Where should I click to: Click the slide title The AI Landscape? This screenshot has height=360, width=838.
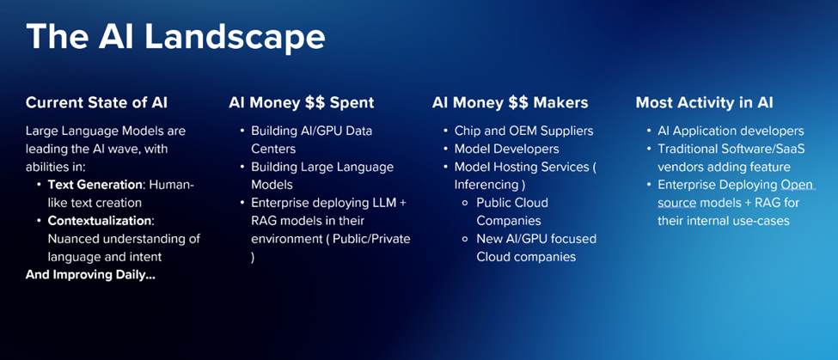tap(175, 38)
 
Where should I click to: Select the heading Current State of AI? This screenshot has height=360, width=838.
tap(96, 103)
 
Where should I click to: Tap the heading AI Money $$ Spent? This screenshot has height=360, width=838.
tap(301, 103)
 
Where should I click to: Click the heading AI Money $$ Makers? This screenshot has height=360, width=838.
tap(510, 103)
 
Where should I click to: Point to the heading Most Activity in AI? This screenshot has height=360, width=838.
tap(704, 103)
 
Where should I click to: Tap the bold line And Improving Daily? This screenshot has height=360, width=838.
tap(90, 275)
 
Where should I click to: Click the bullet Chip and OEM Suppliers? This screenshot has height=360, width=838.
tap(523, 131)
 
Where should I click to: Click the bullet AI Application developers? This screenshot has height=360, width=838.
tap(731, 131)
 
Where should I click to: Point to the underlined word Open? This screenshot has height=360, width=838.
tap(797, 185)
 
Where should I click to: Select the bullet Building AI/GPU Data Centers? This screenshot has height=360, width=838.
tap(317, 139)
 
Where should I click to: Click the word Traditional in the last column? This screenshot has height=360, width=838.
tap(688, 149)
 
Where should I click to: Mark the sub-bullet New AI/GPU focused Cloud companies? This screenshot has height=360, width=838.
tap(536, 247)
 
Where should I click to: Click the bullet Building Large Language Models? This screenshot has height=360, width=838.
tap(321, 175)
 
